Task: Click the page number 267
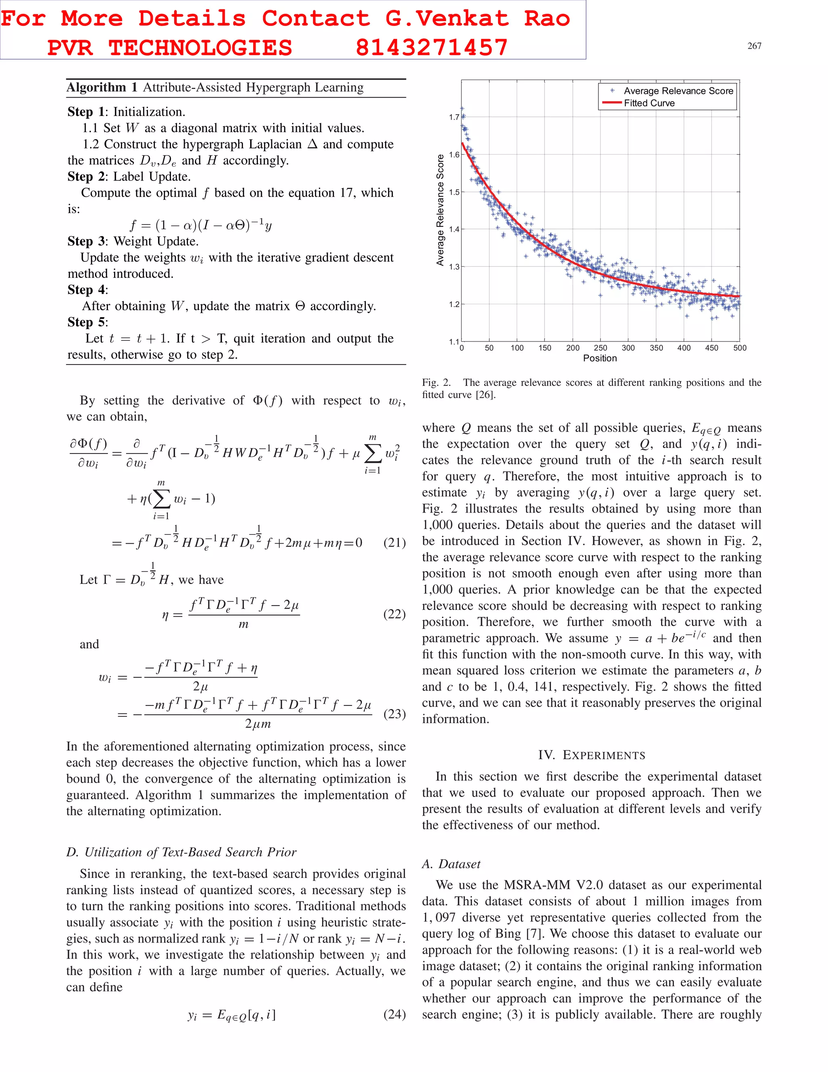tap(754, 46)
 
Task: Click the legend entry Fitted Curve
tap(649, 103)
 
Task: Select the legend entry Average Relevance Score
tap(678, 91)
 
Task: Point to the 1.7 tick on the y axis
tap(454, 117)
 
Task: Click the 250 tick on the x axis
tap(600, 348)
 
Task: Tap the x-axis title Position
tap(600, 358)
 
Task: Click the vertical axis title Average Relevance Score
tap(440, 210)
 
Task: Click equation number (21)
tap(394, 542)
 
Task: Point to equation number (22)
tap(394, 614)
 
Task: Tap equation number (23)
tap(394, 713)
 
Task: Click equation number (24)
tap(394, 1014)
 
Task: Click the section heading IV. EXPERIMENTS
tap(591, 755)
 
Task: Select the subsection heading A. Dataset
tap(451, 864)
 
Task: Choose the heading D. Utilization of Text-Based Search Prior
tap(181, 852)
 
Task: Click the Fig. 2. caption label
tap(436, 383)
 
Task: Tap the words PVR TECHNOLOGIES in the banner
tap(169, 48)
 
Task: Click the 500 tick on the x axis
tap(739, 348)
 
